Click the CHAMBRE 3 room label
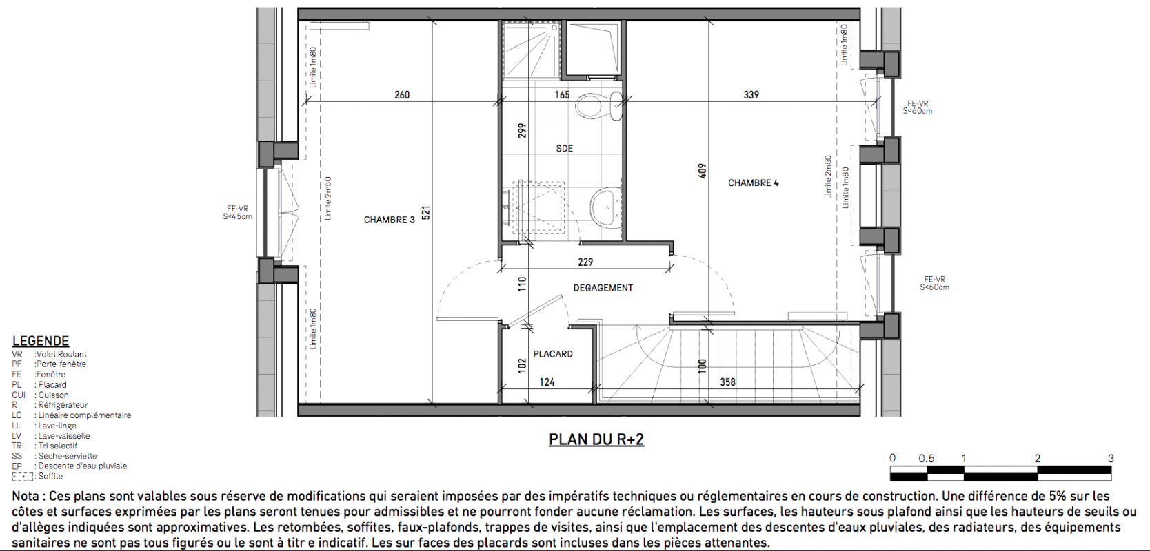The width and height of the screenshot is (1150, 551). click(x=389, y=220)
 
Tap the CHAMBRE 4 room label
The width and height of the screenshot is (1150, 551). click(x=753, y=183)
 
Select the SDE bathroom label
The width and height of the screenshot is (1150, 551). click(x=564, y=148)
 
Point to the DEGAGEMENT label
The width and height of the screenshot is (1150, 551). click(x=603, y=288)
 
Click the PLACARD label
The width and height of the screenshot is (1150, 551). click(x=552, y=354)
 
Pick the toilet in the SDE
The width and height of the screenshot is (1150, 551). click(x=598, y=106)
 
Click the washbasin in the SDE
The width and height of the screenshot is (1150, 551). click(x=606, y=207)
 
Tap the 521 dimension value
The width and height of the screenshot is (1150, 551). click(x=425, y=213)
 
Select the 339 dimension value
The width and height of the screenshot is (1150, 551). click(x=751, y=95)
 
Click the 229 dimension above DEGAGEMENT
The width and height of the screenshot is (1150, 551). click(x=585, y=262)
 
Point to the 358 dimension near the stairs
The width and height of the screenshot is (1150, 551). click(x=727, y=382)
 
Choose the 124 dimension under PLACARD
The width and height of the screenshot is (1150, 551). click(x=547, y=382)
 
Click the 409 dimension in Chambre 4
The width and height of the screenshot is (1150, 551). click(x=703, y=171)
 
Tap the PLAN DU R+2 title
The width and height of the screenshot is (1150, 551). click(x=596, y=439)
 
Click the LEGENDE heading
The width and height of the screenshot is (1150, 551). click(x=41, y=341)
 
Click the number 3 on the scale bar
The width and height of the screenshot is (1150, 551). click(x=1111, y=458)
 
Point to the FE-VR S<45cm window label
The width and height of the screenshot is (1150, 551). click(x=237, y=212)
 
